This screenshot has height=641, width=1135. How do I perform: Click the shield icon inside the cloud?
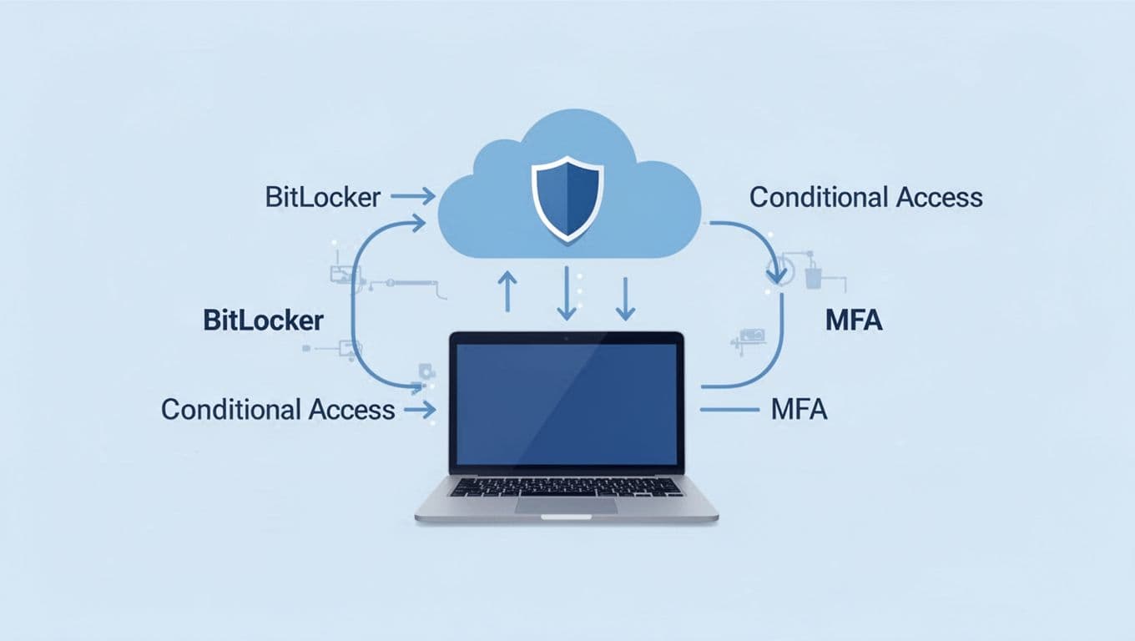tap(566, 198)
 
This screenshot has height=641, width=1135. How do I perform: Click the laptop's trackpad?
tap(566, 505)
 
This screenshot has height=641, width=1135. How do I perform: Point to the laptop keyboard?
tap(566, 486)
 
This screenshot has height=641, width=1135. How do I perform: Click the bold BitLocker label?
tap(263, 320)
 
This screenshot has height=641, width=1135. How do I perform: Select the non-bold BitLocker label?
tap(323, 198)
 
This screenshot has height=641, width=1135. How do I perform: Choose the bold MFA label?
tap(854, 320)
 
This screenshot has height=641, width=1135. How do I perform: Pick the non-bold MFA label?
tap(799, 410)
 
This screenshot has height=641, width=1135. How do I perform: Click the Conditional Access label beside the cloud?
tap(865, 198)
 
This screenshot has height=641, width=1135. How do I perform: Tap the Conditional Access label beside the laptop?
tap(278, 410)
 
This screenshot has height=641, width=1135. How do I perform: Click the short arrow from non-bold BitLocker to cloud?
tap(413, 198)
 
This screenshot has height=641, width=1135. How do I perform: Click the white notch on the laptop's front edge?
tap(566, 517)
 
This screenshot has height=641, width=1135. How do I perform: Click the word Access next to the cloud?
tap(939, 198)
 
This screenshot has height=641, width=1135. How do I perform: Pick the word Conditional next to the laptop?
tap(230, 410)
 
